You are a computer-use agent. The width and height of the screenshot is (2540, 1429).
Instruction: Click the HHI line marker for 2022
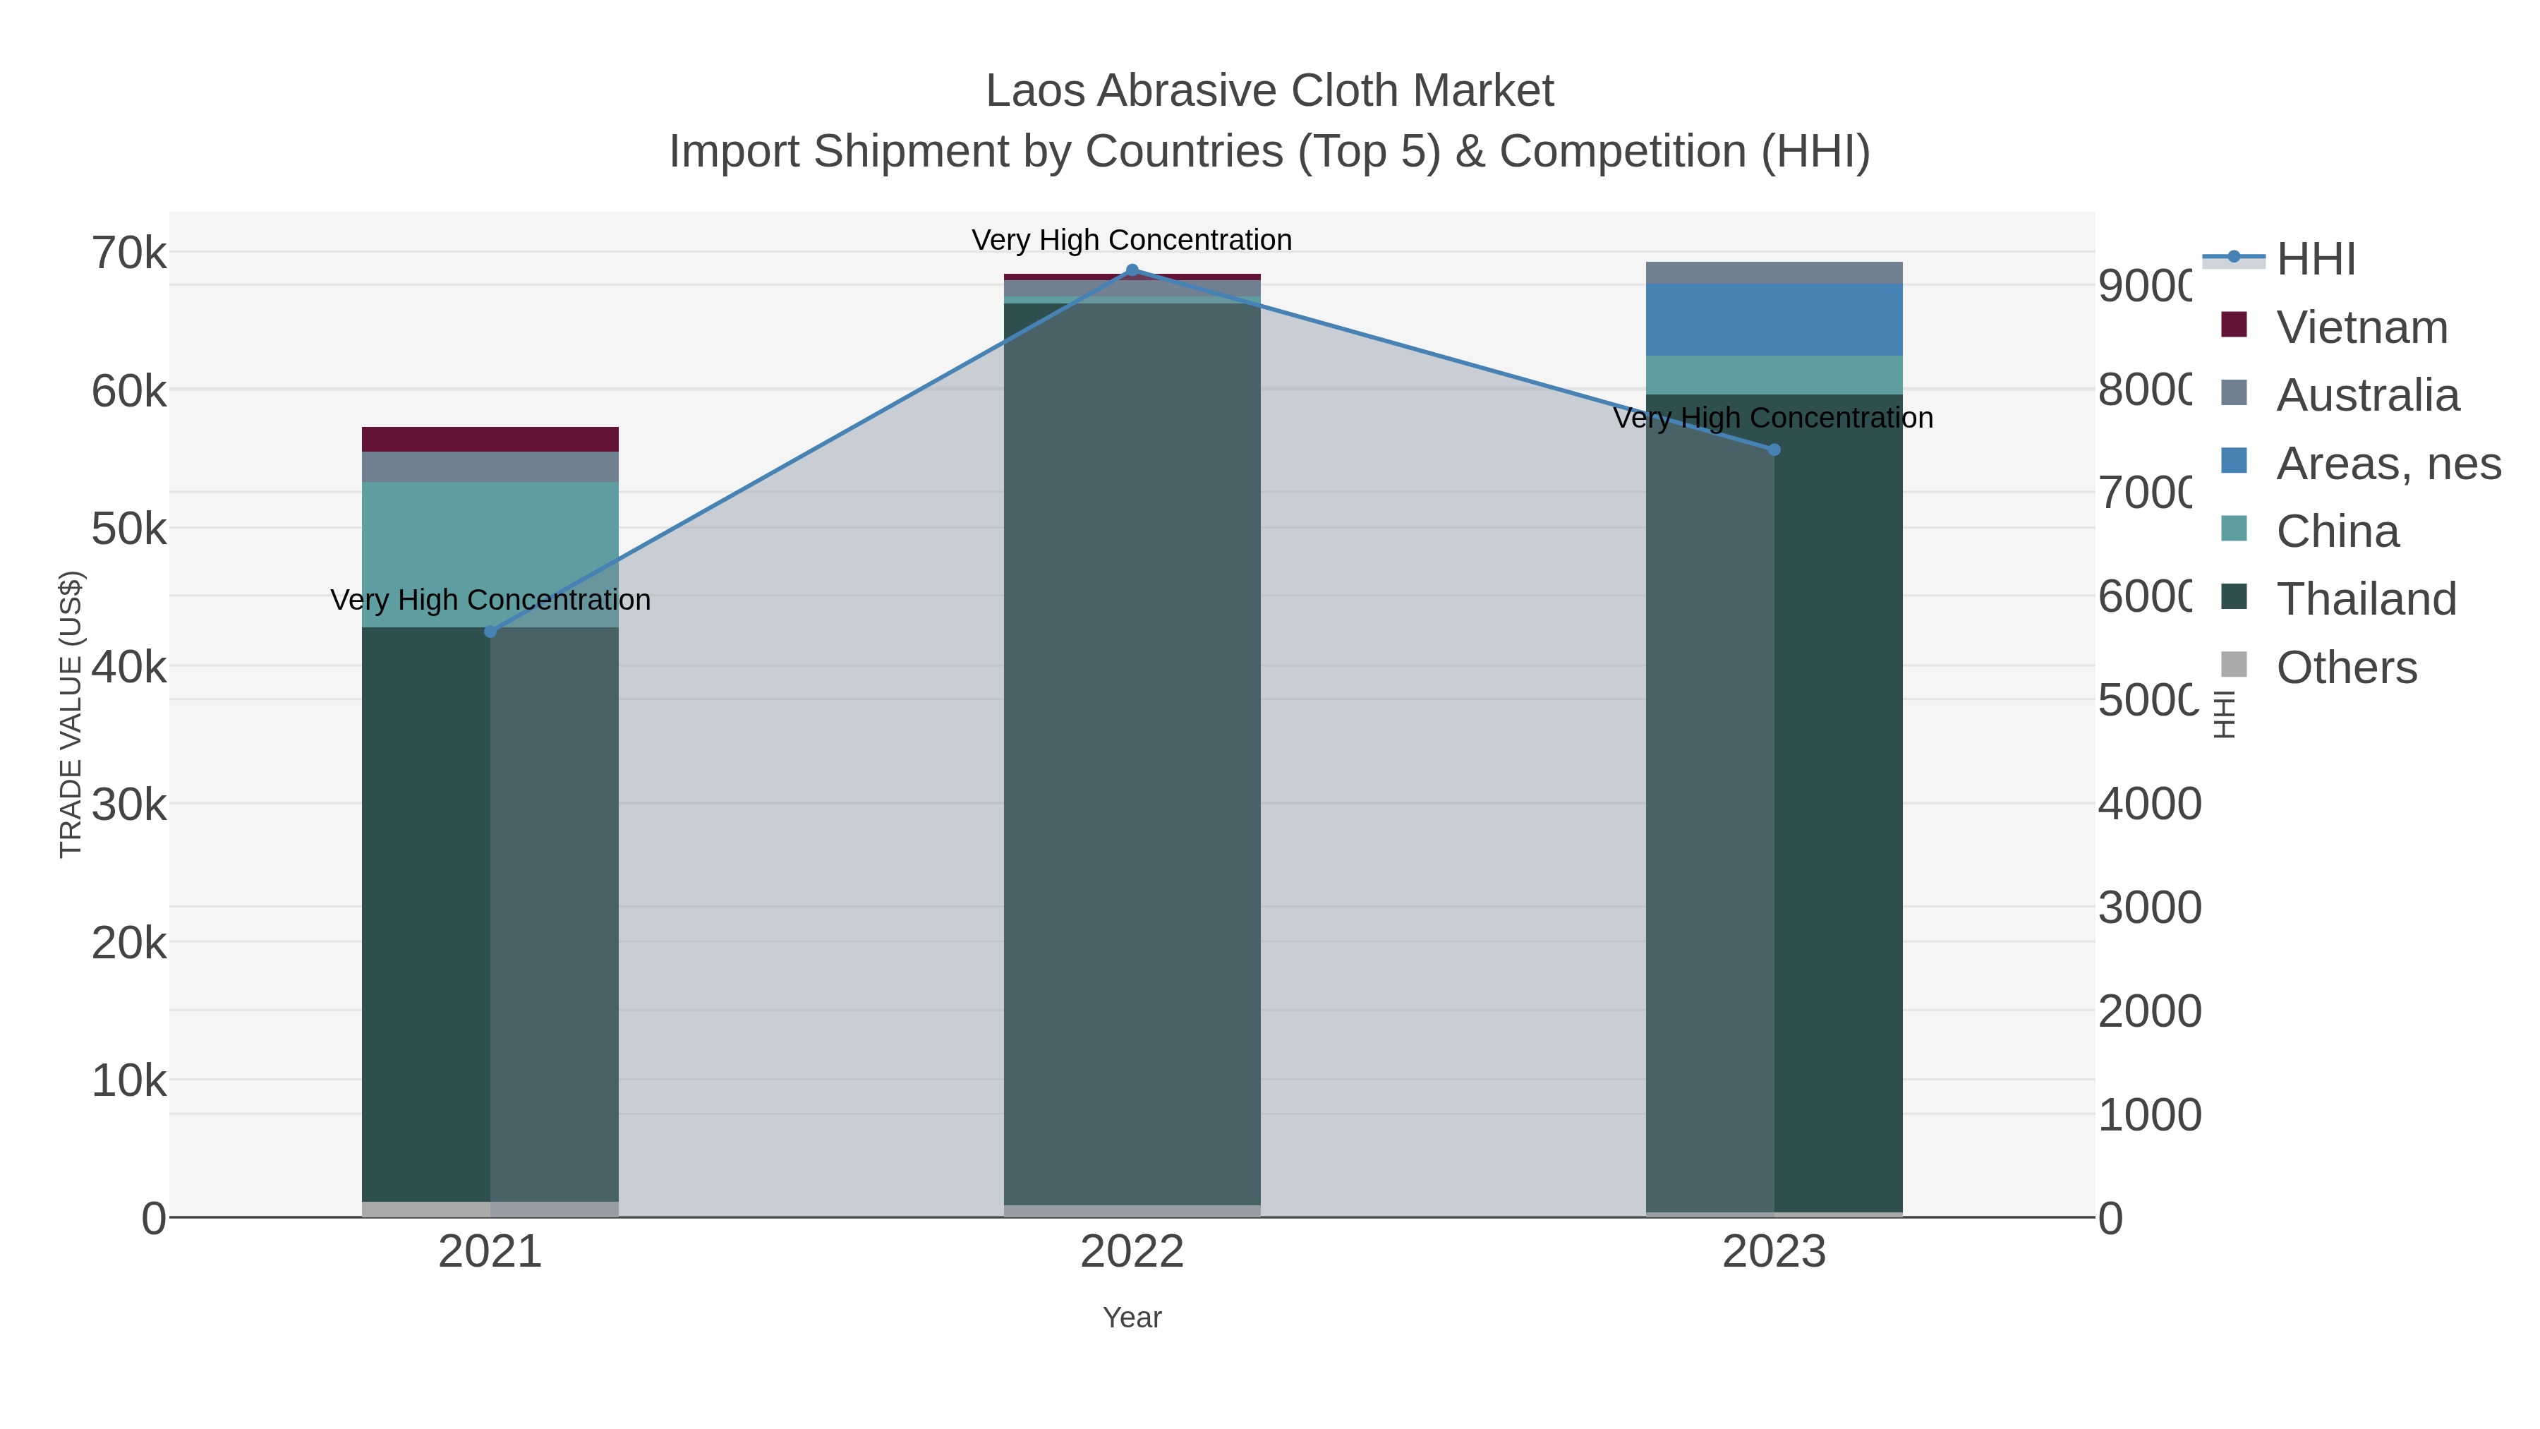click(x=1132, y=270)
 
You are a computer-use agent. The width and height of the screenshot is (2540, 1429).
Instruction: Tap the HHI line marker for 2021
click(x=490, y=631)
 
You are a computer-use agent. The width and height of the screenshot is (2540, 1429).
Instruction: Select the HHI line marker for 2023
click(x=1774, y=450)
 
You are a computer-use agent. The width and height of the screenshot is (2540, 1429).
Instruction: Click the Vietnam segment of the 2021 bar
click(x=490, y=439)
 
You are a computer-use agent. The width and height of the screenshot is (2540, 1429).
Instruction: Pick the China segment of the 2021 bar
click(x=490, y=554)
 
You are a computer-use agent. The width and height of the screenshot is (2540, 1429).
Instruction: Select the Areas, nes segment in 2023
click(x=1774, y=320)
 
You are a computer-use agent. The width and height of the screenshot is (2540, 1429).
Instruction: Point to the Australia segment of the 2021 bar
click(x=490, y=466)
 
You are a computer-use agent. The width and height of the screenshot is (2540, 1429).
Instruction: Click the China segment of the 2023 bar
click(x=1774, y=375)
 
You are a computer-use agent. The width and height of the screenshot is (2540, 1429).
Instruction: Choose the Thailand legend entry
click(x=2364, y=598)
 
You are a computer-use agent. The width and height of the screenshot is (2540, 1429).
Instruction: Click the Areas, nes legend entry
click(x=2386, y=462)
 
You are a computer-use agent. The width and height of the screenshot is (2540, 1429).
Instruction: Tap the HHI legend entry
click(x=2314, y=258)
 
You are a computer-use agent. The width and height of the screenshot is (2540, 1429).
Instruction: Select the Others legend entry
click(x=2345, y=667)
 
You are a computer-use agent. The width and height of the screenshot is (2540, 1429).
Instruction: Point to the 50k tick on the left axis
click(x=129, y=529)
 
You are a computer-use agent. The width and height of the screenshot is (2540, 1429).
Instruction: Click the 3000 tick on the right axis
click(x=2148, y=908)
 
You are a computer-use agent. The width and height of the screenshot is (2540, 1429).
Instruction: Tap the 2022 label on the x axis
click(x=1132, y=1251)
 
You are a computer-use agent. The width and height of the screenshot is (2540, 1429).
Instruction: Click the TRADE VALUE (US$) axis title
click(x=71, y=714)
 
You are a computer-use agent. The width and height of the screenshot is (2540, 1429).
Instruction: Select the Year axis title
click(x=1132, y=1317)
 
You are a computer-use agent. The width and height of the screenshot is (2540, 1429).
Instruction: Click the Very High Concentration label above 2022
click(x=1132, y=240)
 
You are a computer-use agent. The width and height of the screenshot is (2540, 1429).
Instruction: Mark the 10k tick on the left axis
click(x=129, y=1081)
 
